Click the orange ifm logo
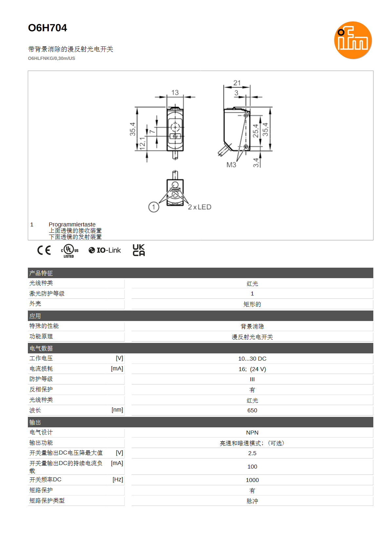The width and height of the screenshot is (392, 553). pyautogui.click(x=353, y=40)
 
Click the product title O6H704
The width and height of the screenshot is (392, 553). pyautogui.click(x=48, y=28)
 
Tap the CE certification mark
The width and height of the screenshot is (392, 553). pyautogui.click(x=44, y=250)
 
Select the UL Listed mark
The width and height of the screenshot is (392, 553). pyautogui.click(x=69, y=251)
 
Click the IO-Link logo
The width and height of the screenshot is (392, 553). pyautogui.click(x=105, y=250)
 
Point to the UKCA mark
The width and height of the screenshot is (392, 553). pyautogui.click(x=139, y=250)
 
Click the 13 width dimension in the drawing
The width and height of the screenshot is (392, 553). pyautogui.click(x=175, y=93)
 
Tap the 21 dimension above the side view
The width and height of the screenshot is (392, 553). pyautogui.click(x=237, y=83)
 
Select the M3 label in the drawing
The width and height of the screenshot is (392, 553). pyautogui.click(x=231, y=165)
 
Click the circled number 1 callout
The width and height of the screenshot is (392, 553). pyautogui.click(x=154, y=207)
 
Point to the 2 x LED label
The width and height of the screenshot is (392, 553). pyautogui.click(x=200, y=207)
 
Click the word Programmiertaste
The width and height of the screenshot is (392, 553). pyautogui.click(x=72, y=224)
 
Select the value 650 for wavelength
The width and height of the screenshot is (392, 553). pyautogui.click(x=252, y=410)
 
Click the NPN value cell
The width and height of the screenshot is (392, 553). pyautogui.click(x=252, y=433)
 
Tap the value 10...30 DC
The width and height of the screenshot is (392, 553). pyautogui.click(x=252, y=358)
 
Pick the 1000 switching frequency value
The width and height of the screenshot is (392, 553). pyautogui.click(x=252, y=480)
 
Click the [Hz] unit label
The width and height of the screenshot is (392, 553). pyautogui.click(x=118, y=479)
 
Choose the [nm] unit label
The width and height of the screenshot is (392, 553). pyautogui.click(x=117, y=410)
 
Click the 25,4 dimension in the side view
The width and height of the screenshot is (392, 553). pyautogui.click(x=255, y=131)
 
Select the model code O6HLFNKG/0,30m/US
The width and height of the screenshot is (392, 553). pyautogui.click(x=51, y=58)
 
